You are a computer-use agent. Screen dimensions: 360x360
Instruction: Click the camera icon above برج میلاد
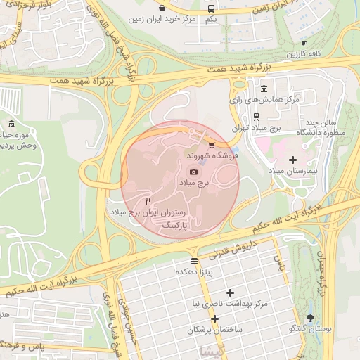(193, 172)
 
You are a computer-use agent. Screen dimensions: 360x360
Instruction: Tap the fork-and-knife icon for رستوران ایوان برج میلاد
(148, 200)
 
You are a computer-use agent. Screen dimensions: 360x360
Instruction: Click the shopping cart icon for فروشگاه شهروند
(212, 144)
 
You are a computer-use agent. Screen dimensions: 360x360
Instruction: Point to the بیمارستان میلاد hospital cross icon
(293, 160)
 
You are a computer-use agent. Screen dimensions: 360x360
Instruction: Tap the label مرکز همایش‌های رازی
(269, 100)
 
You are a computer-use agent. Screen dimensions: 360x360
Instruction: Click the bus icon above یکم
(212, 8)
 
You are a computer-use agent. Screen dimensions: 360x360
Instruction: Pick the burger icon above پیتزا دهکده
(194, 260)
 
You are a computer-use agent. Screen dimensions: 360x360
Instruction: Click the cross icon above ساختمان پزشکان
(215, 318)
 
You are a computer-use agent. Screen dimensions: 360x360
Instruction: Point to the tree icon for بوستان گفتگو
(311, 318)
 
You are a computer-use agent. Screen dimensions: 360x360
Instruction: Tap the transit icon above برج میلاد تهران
(256, 117)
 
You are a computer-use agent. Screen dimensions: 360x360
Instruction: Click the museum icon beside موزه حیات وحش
(11, 124)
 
